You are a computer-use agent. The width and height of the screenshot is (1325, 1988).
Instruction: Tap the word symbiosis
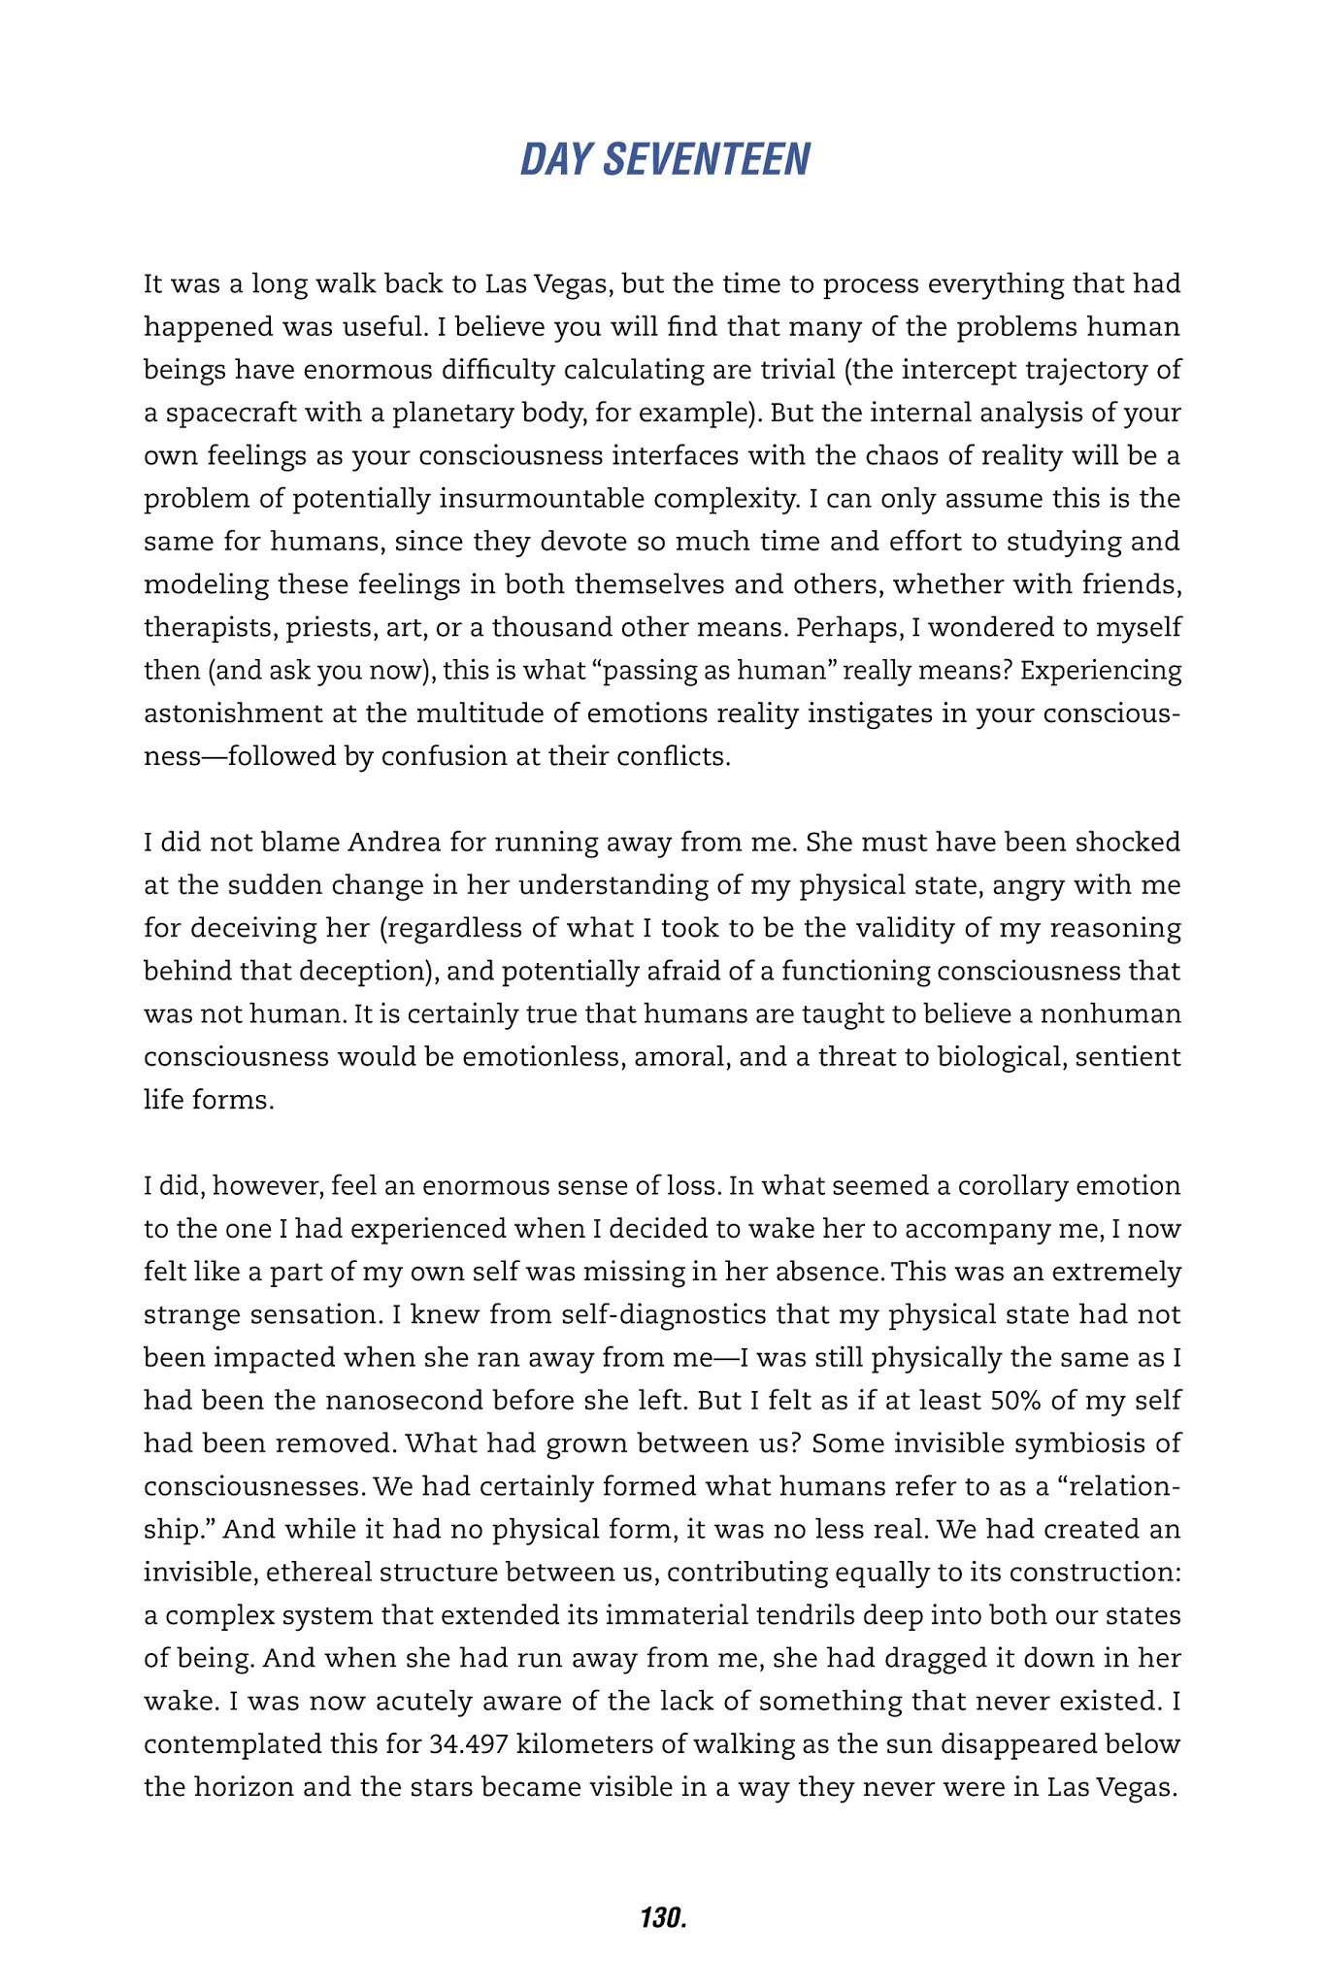[x=1074, y=1443]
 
